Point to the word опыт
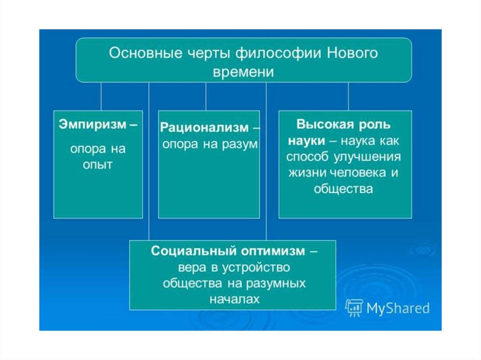point(98,165)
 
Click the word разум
point(240,144)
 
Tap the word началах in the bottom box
point(233,299)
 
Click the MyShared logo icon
point(354,307)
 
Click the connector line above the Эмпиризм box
point(101,96)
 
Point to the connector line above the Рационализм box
point(206,96)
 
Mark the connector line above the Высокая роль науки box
point(348,96)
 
